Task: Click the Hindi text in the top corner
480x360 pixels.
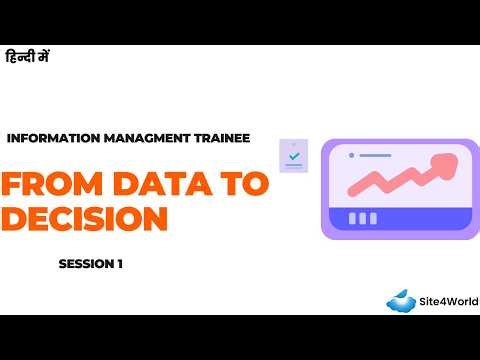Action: pos(28,58)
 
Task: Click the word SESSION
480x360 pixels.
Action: pos(83,265)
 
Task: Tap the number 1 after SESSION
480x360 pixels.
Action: pos(119,265)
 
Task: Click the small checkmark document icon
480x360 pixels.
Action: pos(293,156)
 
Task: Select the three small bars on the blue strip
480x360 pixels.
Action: pos(362,218)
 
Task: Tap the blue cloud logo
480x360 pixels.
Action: pos(401,300)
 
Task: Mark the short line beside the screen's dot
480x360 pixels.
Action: pos(375,156)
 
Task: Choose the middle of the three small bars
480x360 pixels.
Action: pos(362,218)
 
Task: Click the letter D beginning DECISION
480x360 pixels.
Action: pos(15,218)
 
